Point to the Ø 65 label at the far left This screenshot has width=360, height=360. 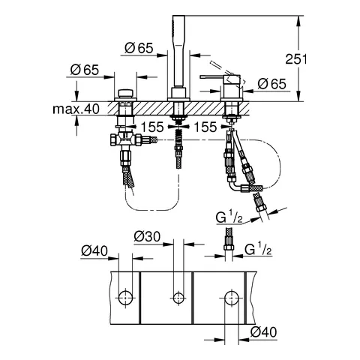(x=85, y=70)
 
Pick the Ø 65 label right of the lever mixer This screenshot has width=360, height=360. (x=269, y=84)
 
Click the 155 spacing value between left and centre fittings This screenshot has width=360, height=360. (x=152, y=127)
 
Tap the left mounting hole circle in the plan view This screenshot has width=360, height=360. (x=124, y=298)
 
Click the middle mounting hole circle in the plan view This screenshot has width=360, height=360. (x=178, y=298)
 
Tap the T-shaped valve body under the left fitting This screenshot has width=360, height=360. (x=123, y=140)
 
